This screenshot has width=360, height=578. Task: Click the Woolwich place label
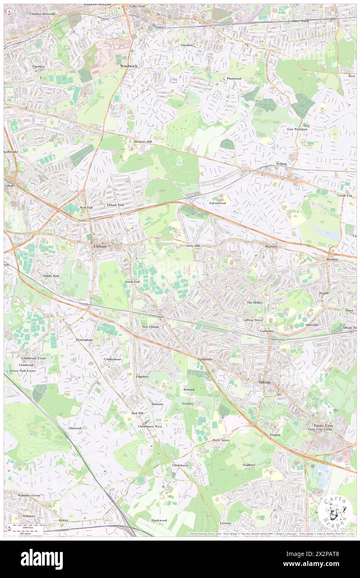pyautogui.click(x=128, y=66)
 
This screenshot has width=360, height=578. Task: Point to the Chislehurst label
pyautogui.click(x=180, y=465)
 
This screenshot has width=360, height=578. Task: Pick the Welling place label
pyautogui.click(x=281, y=164)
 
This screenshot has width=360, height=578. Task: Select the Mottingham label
pyautogui.click(x=84, y=340)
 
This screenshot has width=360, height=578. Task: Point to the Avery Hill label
pyautogui.click(x=193, y=246)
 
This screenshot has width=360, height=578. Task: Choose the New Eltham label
pyautogui.click(x=150, y=327)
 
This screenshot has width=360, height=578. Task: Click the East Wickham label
pyautogui.click(x=297, y=129)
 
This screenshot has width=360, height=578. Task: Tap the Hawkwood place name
pyautogui.click(x=159, y=520)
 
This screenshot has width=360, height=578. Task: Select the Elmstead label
pyautogui.click(x=78, y=427)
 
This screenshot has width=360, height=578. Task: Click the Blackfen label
pyautogui.click(x=271, y=247)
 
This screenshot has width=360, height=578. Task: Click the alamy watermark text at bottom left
pyautogui.click(x=42, y=559)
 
